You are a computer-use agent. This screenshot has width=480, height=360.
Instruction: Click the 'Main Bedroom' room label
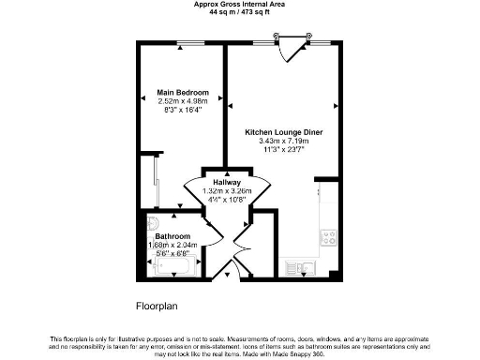pyautogui.click(x=182, y=93)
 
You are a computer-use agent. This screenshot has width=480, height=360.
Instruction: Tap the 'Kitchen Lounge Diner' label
pyautogui.click(x=284, y=133)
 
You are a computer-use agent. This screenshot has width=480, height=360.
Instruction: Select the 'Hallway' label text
pyautogui.click(x=227, y=182)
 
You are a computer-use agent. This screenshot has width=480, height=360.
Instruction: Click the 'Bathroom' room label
pyautogui.click(x=173, y=235)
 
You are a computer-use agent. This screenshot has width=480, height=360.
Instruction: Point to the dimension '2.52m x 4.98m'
pyautogui.click(x=182, y=101)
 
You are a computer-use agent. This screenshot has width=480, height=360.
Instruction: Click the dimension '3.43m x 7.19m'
pyautogui.click(x=284, y=142)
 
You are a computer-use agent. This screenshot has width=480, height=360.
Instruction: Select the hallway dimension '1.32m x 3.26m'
pyautogui.click(x=227, y=191)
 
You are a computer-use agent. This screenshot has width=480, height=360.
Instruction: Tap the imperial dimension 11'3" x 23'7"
pyautogui.click(x=284, y=150)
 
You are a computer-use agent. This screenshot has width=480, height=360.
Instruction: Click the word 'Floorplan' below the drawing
pyautogui.click(x=157, y=306)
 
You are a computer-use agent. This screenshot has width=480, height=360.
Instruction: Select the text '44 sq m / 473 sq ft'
pyautogui.click(x=240, y=13)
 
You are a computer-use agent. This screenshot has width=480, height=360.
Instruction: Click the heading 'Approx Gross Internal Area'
pyautogui.click(x=240, y=5)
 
